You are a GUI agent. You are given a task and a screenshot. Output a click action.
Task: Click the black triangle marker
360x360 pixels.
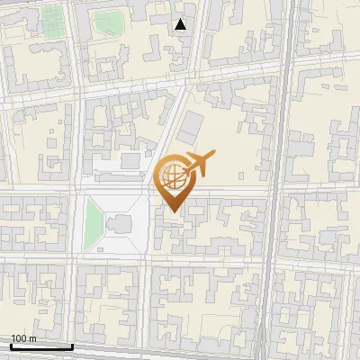tap(181, 24)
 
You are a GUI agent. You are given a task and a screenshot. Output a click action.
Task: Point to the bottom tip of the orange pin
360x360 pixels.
tap(174, 211)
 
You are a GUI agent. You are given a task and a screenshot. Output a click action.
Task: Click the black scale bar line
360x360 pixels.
tap(40, 346)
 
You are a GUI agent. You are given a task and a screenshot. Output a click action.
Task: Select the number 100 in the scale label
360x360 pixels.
tap(19, 338)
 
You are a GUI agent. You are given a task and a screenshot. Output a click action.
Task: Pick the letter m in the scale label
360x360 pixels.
tap(32, 338)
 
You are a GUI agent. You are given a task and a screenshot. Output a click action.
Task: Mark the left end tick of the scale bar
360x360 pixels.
tap(10, 345)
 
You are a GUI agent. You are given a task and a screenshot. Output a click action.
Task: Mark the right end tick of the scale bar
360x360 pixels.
tap(72, 345)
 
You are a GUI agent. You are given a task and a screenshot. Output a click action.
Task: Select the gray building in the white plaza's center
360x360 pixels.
tap(118, 223)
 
